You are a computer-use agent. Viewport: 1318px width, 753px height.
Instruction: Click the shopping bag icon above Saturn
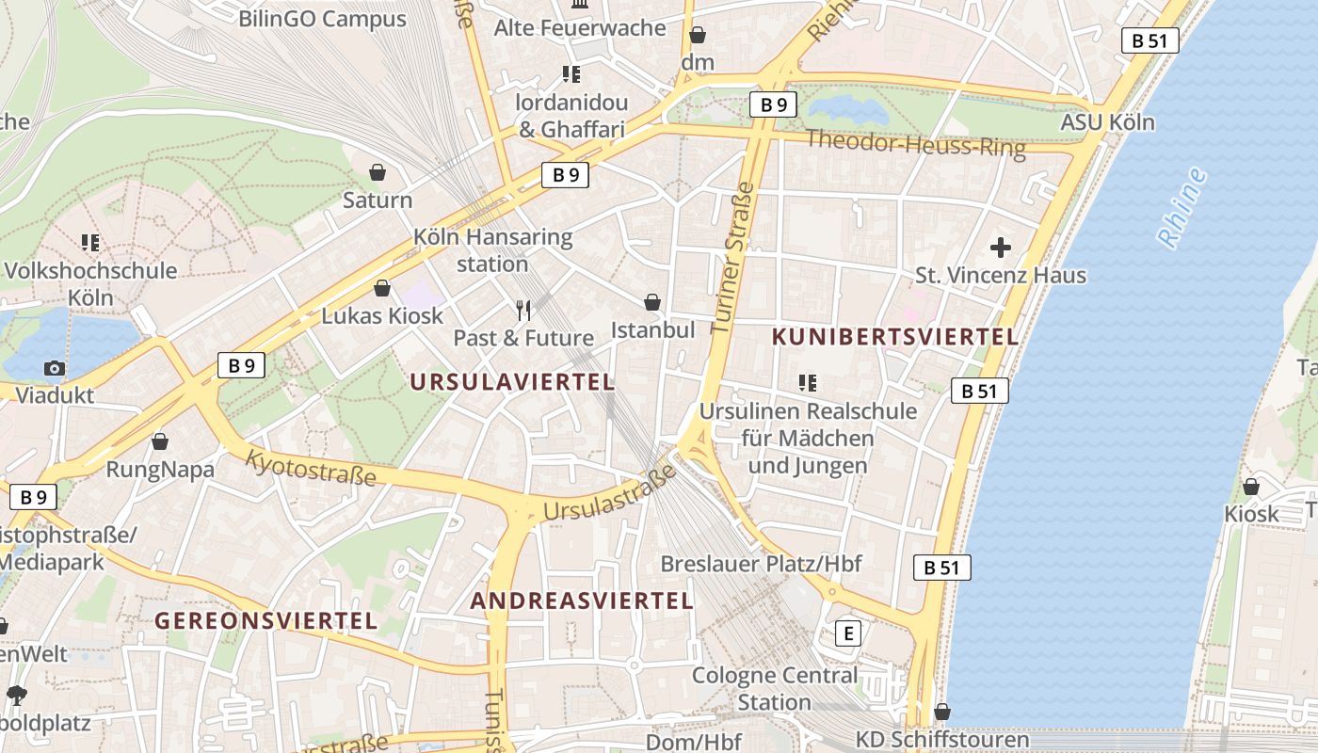pos(378,172)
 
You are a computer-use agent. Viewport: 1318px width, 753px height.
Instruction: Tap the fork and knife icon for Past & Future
pos(524,310)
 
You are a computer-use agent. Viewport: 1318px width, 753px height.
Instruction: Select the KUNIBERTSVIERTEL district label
pos(894,337)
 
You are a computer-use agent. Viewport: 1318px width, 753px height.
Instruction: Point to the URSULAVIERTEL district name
pos(513,382)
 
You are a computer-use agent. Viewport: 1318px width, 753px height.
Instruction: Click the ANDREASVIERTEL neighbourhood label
pos(582,601)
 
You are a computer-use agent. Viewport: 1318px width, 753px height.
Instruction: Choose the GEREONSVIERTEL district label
pos(266,621)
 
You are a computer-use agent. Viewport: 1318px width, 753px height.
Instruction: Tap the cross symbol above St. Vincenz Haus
pos(1001,248)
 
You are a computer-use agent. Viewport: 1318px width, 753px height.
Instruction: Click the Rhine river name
pos(1182,208)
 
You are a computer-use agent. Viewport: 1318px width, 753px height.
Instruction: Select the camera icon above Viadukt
pos(55,368)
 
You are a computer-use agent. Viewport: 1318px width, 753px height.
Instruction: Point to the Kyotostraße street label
pos(311,468)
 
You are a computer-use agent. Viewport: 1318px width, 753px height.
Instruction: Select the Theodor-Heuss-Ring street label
pos(915,144)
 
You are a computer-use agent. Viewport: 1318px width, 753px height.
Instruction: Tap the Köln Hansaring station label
pos(492,250)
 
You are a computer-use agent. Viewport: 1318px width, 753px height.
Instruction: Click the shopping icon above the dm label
pos(698,36)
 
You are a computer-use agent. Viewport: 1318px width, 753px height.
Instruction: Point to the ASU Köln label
pos(1107,122)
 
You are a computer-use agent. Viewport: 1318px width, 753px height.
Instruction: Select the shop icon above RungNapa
pos(160,441)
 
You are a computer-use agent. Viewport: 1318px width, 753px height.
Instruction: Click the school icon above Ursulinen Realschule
pos(807,383)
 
